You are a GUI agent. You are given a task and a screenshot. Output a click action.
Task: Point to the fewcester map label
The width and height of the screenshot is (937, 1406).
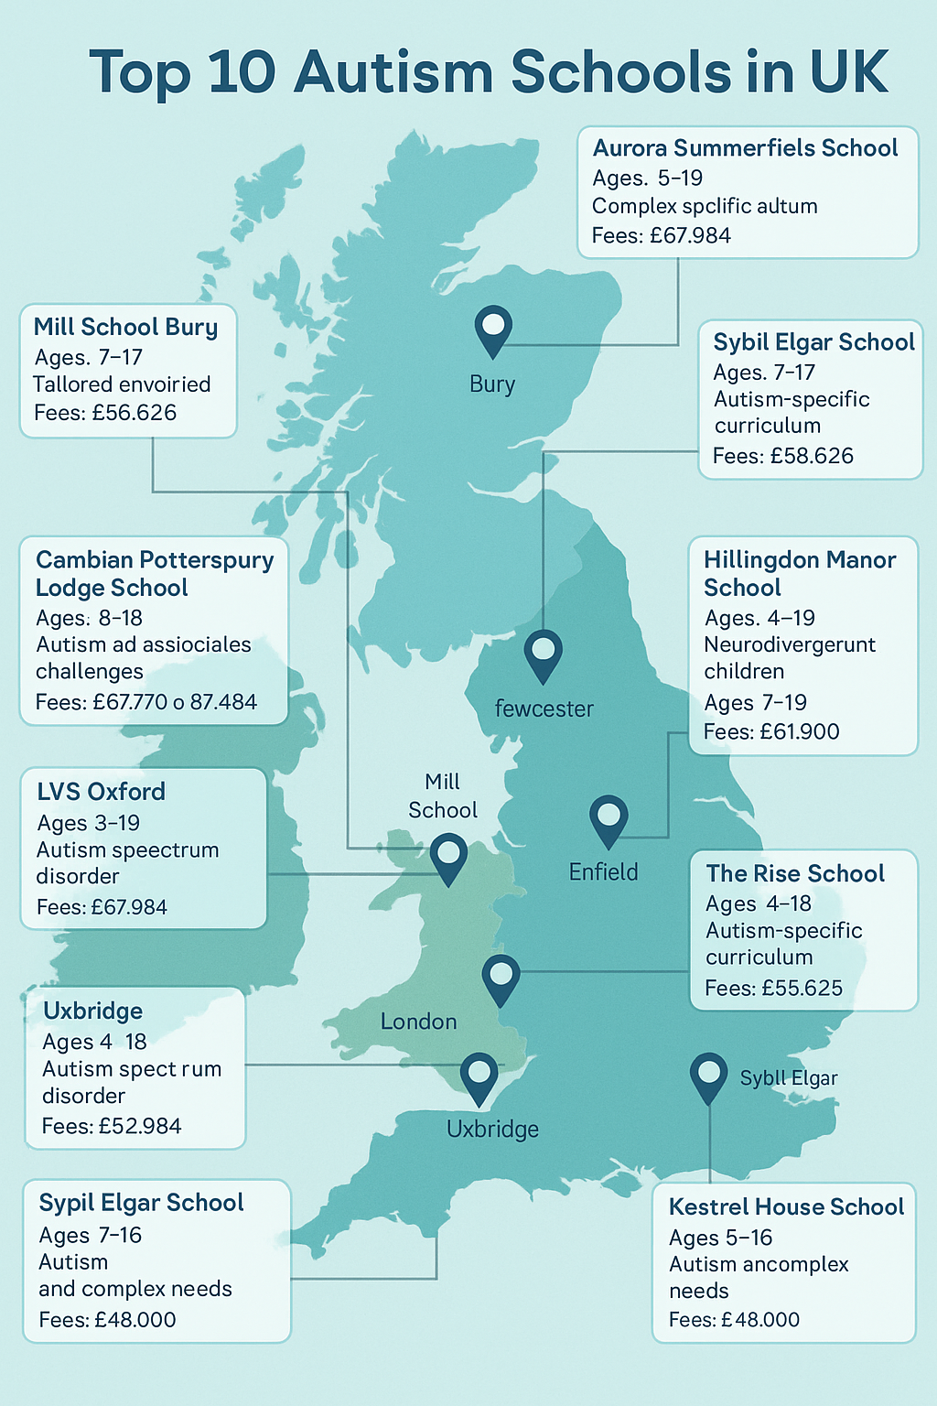tap(544, 708)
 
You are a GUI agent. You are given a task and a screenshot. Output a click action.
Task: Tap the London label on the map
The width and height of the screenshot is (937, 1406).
tap(418, 1022)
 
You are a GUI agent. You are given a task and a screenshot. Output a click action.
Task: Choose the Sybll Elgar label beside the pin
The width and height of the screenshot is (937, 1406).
tap(789, 1078)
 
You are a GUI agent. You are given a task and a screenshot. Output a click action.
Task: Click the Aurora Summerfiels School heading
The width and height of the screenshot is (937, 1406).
tap(745, 148)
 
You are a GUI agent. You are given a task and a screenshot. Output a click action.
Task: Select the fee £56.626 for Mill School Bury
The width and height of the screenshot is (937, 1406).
tap(134, 413)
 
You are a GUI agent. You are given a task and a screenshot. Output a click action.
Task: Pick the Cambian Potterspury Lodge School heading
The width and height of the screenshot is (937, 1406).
tap(154, 574)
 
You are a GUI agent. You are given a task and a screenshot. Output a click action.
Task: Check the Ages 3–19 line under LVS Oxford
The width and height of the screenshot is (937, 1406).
tap(89, 823)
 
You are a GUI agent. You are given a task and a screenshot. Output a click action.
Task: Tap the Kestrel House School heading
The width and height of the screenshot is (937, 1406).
tap(786, 1207)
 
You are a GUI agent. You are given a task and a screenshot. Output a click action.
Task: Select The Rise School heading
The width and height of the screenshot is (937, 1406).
tap(795, 874)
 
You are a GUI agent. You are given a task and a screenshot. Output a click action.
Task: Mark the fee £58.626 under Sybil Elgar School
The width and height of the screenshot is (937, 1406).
tap(810, 456)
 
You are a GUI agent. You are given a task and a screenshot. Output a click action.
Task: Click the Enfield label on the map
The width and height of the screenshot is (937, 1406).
tap(603, 872)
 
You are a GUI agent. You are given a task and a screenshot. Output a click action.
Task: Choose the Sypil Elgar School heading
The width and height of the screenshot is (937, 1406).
tap(141, 1203)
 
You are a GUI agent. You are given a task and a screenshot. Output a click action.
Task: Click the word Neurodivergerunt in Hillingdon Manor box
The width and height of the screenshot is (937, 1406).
tap(790, 645)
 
